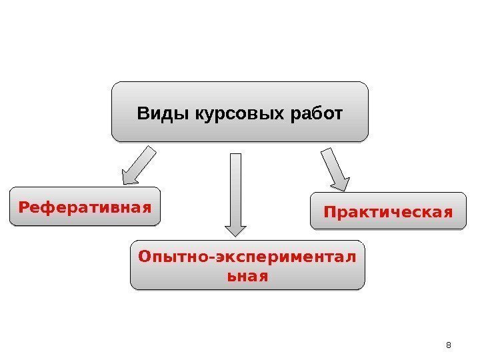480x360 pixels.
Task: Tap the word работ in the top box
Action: pyautogui.click(x=316, y=113)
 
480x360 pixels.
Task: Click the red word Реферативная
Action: pyautogui.click(x=85, y=207)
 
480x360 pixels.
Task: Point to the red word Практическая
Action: pyautogui.click(x=387, y=212)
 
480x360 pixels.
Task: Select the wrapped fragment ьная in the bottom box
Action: pyautogui.click(x=247, y=275)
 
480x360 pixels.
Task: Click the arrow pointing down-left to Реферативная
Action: pyautogui.click(x=139, y=165)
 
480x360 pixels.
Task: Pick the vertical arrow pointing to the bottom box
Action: pyautogui.click(x=235, y=193)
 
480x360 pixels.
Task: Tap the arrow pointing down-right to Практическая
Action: pyautogui.click(x=335, y=171)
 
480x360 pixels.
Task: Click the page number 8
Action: pyautogui.click(x=448, y=345)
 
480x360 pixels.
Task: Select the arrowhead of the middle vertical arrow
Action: pyautogui.click(x=235, y=229)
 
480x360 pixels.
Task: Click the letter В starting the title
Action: pyautogui.click(x=143, y=113)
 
